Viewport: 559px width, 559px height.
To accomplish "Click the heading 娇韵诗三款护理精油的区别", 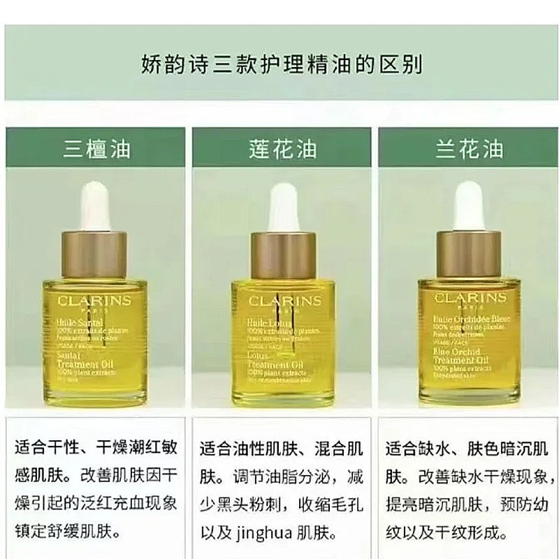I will (279, 66).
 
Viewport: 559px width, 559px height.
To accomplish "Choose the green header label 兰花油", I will (467, 149).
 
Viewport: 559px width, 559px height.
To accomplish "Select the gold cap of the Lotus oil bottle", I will (282, 254).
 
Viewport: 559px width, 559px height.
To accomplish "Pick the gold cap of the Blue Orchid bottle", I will (468, 254).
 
